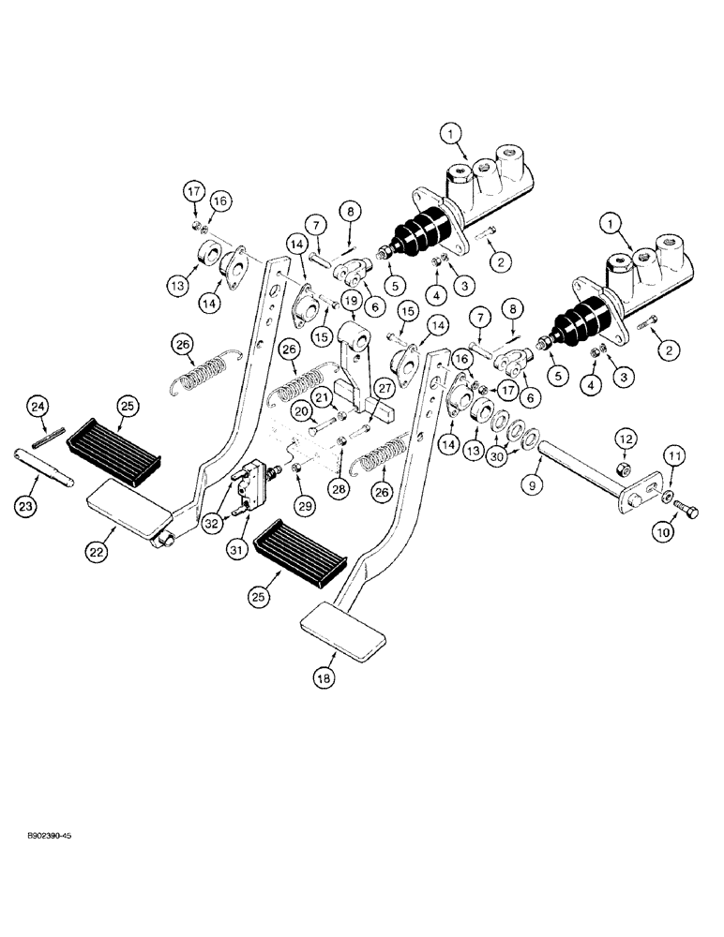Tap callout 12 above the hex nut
click(x=625, y=439)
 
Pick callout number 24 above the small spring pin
click(x=38, y=407)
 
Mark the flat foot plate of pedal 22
click(x=126, y=510)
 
